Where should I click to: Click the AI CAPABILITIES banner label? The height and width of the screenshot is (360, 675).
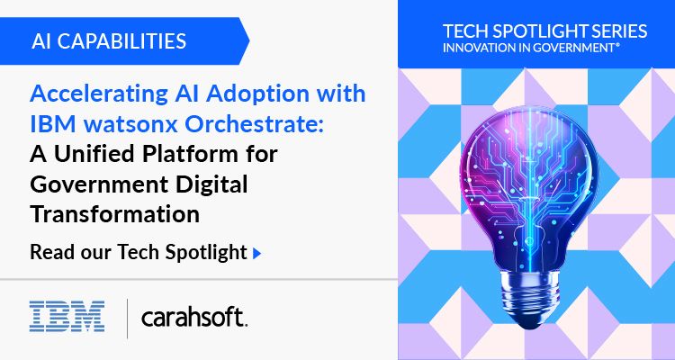[109, 40]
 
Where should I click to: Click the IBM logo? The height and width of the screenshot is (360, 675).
[67, 316]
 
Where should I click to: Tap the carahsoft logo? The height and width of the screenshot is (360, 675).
[193, 317]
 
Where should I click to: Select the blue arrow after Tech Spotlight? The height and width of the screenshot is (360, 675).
[257, 253]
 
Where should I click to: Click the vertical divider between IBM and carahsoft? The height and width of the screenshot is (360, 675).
[128, 316]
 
